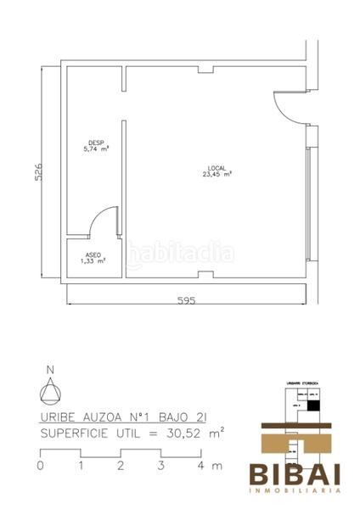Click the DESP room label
pyautogui.click(x=96, y=142)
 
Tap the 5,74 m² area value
pyautogui.click(x=96, y=148)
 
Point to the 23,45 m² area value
pyautogui.click(x=217, y=175)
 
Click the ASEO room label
pyautogui.click(x=94, y=255)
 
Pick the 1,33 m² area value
pyautogui.click(x=93, y=262)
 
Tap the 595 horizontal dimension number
pyautogui.click(x=186, y=300)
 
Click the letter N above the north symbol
pyautogui.click(x=50, y=369)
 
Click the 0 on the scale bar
pyautogui.click(x=40, y=466)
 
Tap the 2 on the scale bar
pyautogui.click(x=121, y=466)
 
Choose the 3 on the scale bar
pyautogui.click(x=160, y=466)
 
